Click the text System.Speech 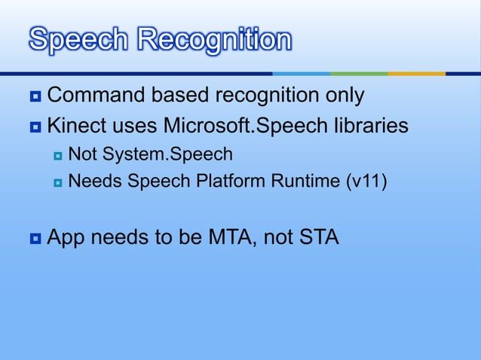point(167,155)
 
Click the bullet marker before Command point(35,97)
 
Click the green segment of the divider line point(359,74)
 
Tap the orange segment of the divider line point(416,74)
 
